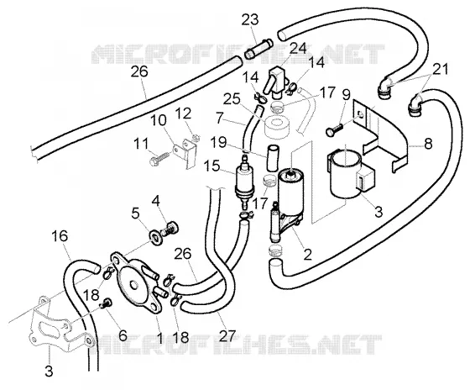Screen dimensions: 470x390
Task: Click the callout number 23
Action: tap(250, 20)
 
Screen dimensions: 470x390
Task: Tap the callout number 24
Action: tap(297, 49)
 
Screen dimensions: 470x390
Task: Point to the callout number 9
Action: tap(346, 95)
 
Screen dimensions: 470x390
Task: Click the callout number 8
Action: tap(428, 144)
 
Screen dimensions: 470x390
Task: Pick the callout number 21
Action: tap(440, 69)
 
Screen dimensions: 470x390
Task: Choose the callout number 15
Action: tap(211, 166)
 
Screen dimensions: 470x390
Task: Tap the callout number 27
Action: tap(226, 336)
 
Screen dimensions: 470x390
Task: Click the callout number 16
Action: tap(60, 236)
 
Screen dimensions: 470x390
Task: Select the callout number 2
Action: tap(307, 255)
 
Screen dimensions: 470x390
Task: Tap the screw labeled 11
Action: tap(159, 159)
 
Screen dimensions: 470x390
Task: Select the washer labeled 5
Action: tap(156, 237)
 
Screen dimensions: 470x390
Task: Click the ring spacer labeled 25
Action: tap(277, 126)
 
